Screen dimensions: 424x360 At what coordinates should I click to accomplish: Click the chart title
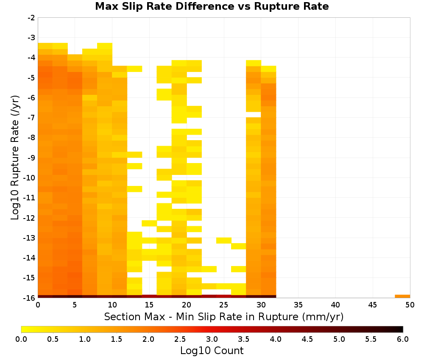[212, 6]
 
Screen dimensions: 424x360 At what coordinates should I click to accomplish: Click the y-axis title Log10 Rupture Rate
[15, 158]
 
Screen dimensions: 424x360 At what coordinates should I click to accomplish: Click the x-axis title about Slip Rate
[224, 316]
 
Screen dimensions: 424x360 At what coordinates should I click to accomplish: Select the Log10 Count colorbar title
[212, 351]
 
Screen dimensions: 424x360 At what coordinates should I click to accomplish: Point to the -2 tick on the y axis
[31, 18]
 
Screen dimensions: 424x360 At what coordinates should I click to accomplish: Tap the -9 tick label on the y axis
[31, 158]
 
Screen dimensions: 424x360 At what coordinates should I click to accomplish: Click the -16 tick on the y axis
[30, 298]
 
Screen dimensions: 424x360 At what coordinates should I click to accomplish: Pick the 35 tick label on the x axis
[298, 305]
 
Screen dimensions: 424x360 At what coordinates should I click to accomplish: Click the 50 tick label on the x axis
[410, 305]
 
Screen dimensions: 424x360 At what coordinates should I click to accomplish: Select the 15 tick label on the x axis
[149, 305]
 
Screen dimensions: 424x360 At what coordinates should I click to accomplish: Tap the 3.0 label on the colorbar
[212, 339]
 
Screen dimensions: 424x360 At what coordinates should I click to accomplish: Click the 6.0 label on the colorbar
[403, 339]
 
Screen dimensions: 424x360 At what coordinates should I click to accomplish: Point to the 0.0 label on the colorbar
[21, 339]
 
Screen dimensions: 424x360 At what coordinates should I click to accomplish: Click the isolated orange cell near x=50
[402, 296]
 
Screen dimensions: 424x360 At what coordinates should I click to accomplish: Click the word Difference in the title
[205, 6]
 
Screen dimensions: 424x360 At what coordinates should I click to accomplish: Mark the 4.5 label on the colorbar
[307, 339]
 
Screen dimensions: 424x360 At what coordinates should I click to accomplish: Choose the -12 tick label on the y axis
[30, 218]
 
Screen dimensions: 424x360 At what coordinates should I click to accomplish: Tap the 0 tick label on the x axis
[38, 305]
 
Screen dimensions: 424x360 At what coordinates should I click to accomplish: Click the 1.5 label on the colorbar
[117, 339]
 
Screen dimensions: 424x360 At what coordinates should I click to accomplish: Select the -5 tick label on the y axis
[31, 78]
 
